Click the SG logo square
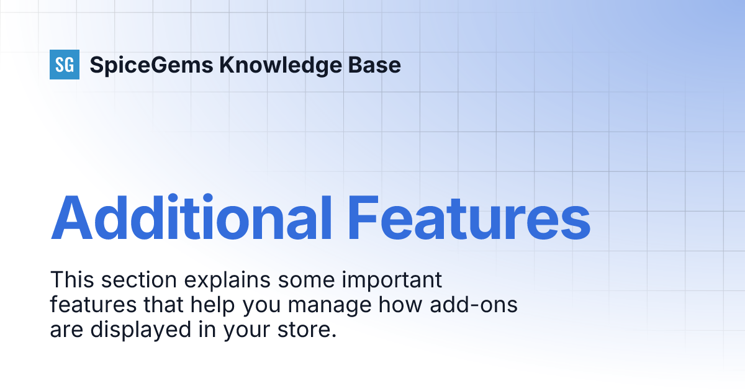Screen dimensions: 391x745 pos(65,65)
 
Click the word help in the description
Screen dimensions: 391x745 pos(215,306)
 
